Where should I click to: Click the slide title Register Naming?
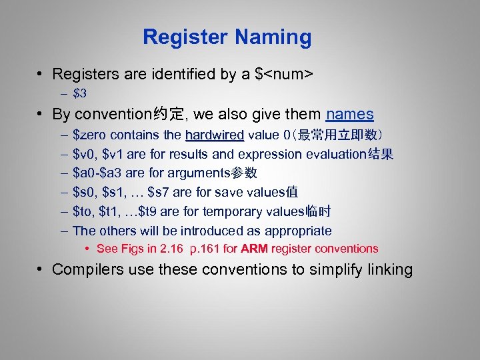[227, 37]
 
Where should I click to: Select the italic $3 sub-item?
[80, 93]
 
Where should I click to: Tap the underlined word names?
[350, 114]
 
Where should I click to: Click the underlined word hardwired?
[215, 135]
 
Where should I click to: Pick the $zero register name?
[90, 135]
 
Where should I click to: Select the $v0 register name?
[85, 155]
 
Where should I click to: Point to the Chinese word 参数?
[244, 173]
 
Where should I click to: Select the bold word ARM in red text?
[254, 249]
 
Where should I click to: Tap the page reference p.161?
[208, 249]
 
